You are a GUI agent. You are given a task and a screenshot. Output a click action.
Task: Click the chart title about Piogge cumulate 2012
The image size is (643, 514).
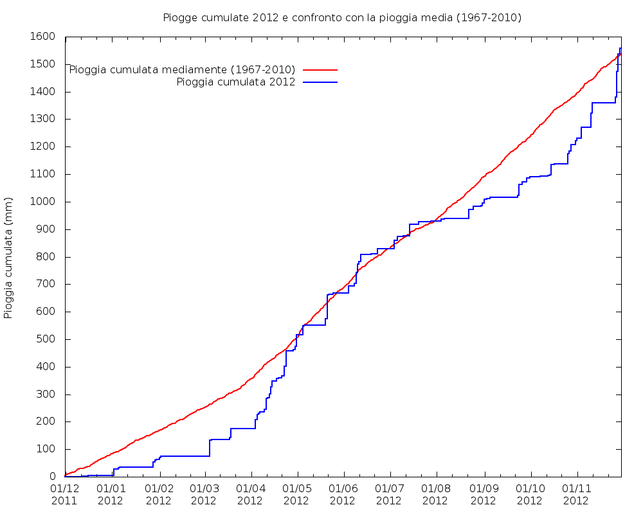[x=342, y=17]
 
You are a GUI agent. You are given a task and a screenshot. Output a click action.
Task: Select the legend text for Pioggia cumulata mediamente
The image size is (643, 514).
[x=182, y=69]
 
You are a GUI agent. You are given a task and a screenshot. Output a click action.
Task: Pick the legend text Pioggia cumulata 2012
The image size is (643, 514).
[x=235, y=82]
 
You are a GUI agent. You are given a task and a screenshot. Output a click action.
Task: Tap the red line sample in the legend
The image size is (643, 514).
[x=320, y=69]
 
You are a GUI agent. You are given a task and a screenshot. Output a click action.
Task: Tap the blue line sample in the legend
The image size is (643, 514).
[x=320, y=82]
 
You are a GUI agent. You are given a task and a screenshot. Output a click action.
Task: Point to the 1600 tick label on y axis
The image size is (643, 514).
[x=43, y=37]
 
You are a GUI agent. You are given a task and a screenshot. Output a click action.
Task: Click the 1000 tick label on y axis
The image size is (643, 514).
[x=43, y=202]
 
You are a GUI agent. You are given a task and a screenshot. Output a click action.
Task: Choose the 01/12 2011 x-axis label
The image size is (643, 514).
[x=65, y=494]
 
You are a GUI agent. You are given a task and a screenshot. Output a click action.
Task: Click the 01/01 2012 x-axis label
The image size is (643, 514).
[x=111, y=494]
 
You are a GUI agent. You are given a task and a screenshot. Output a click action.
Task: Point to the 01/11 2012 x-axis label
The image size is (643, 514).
[x=576, y=494]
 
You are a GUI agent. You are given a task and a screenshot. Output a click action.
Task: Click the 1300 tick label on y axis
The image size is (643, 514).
[x=43, y=120]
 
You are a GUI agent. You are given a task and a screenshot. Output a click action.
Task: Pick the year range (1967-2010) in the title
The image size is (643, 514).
[x=489, y=17]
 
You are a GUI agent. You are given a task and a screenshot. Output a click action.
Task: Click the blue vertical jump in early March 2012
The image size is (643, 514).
[x=210, y=448]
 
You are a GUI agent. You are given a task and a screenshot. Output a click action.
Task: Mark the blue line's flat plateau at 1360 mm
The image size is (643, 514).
[x=603, y=103]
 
